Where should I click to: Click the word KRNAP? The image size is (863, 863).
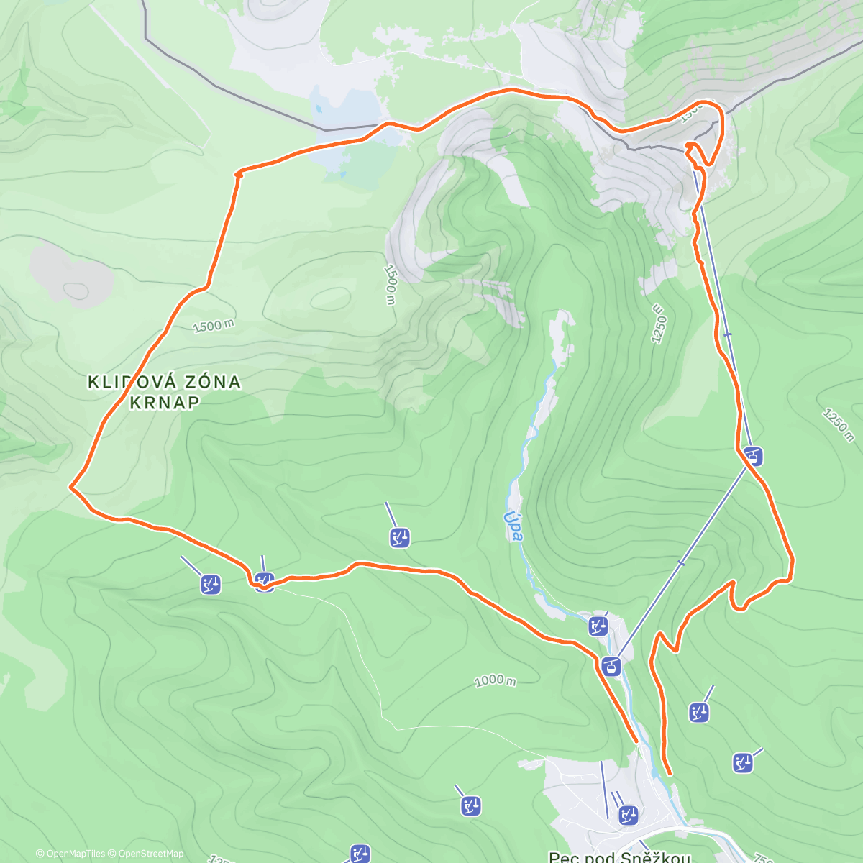tap(164, 403)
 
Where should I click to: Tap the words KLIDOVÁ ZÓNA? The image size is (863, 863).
tap(164, 382)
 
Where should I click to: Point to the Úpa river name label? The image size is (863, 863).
tap(511, 526)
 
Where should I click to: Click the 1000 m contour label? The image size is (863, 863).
tap(495, 680)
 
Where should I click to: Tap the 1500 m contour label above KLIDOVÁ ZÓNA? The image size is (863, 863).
tap(213, 327)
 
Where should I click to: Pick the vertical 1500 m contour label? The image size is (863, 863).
tap(389, 284)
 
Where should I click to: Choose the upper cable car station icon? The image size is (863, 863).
tap(754, 456)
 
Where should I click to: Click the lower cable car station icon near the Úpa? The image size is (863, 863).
tap(611, 667)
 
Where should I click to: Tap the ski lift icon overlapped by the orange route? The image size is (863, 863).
tap(264, 580)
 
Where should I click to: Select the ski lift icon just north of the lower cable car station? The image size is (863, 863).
tap(598, 626)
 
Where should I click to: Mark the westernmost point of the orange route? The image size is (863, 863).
tap(70, 488)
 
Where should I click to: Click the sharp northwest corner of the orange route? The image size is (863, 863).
tap(237, 173)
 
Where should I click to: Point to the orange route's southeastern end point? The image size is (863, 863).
tap(670, 774)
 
